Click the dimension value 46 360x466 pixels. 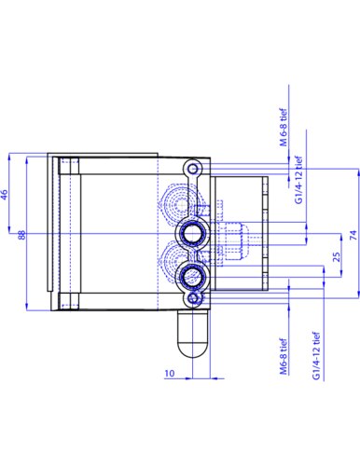pyautogui.click(x=4, y=195)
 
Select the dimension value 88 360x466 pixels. pyautogui.click(x=21, y=235)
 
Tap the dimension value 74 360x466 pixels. pyautogui.click(x=353, y=235)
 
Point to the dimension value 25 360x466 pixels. pyautogui.click(x=337, y=257)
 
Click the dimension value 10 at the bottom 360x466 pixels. pyautogui.click(x=170, y=373)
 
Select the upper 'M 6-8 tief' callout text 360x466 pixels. pyautogui.click(x=284, y=127)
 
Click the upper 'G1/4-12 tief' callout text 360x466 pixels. pyautogui.click(x=298, y=180)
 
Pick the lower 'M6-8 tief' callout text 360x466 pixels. pyautogui.click(x=283, y=356)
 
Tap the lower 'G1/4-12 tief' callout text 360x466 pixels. pyautogui.click(x=316, y=355)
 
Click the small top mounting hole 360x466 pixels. pyautogui.click(x=193, y=169)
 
